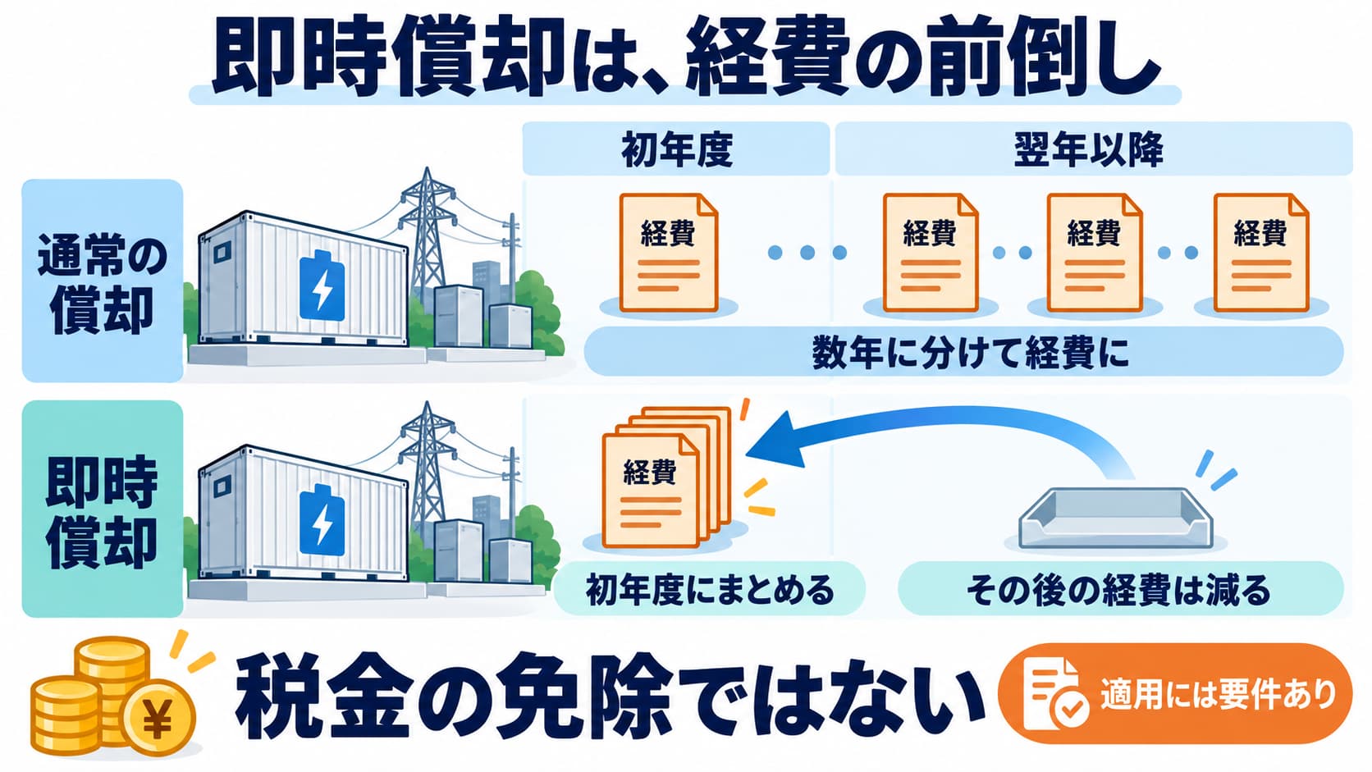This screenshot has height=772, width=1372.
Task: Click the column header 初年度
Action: click(x=676, y=149)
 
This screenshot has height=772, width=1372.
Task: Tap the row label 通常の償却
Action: click(x=103, y=281)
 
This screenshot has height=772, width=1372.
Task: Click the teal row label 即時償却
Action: click(x=103, y=510)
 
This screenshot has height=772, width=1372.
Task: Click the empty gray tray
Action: click(x=1115, y=518)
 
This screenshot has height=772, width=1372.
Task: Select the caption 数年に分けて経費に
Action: click(x=970, y=354)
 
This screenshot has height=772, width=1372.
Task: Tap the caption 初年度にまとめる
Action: click(x=710, y=589)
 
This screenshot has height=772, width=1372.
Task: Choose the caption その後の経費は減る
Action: click(x=1118, y=589)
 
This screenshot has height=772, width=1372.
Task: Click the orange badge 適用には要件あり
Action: click(x=1176, y=694)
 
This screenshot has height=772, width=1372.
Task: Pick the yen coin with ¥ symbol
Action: click(x=158, y=717)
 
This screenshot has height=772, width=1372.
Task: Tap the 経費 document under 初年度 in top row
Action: click(x=668, y=253)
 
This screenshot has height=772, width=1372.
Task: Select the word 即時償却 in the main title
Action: click(x=386, y=62)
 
